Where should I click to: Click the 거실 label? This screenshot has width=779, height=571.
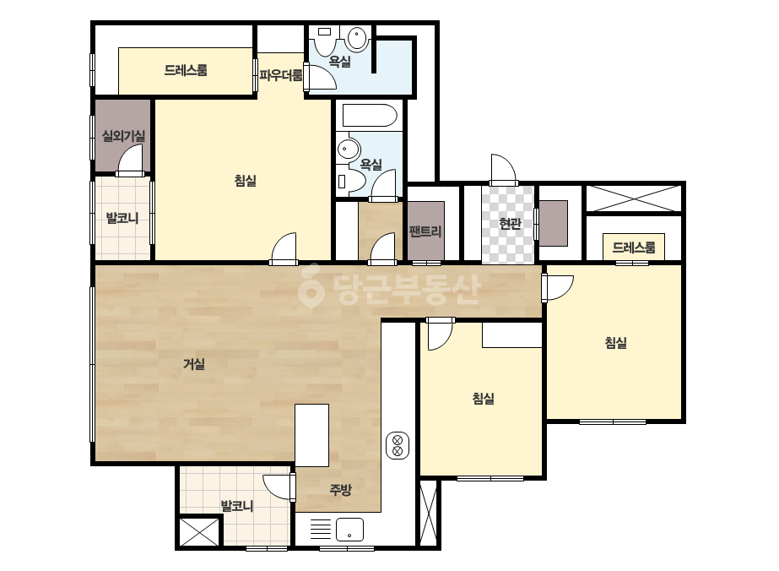194,364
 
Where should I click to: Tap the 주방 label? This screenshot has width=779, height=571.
340,490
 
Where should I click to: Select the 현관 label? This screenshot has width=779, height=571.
510,224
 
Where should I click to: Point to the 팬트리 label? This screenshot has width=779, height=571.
425,231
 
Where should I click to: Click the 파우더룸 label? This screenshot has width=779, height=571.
281,76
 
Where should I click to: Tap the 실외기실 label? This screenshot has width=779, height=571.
123,135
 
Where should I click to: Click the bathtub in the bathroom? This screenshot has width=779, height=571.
370,116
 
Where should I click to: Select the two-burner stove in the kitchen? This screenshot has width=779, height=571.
398,445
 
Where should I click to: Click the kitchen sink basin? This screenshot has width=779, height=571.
349,530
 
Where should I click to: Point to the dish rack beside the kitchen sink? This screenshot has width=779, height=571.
321,530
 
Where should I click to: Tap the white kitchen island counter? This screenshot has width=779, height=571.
312,435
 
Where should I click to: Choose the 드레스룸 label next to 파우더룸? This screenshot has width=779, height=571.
186,70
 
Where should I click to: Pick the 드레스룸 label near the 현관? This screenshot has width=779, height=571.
634,247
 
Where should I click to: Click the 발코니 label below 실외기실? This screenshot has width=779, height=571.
122,218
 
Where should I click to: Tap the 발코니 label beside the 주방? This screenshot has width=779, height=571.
237,506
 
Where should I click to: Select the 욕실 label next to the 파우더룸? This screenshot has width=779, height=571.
340,62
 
